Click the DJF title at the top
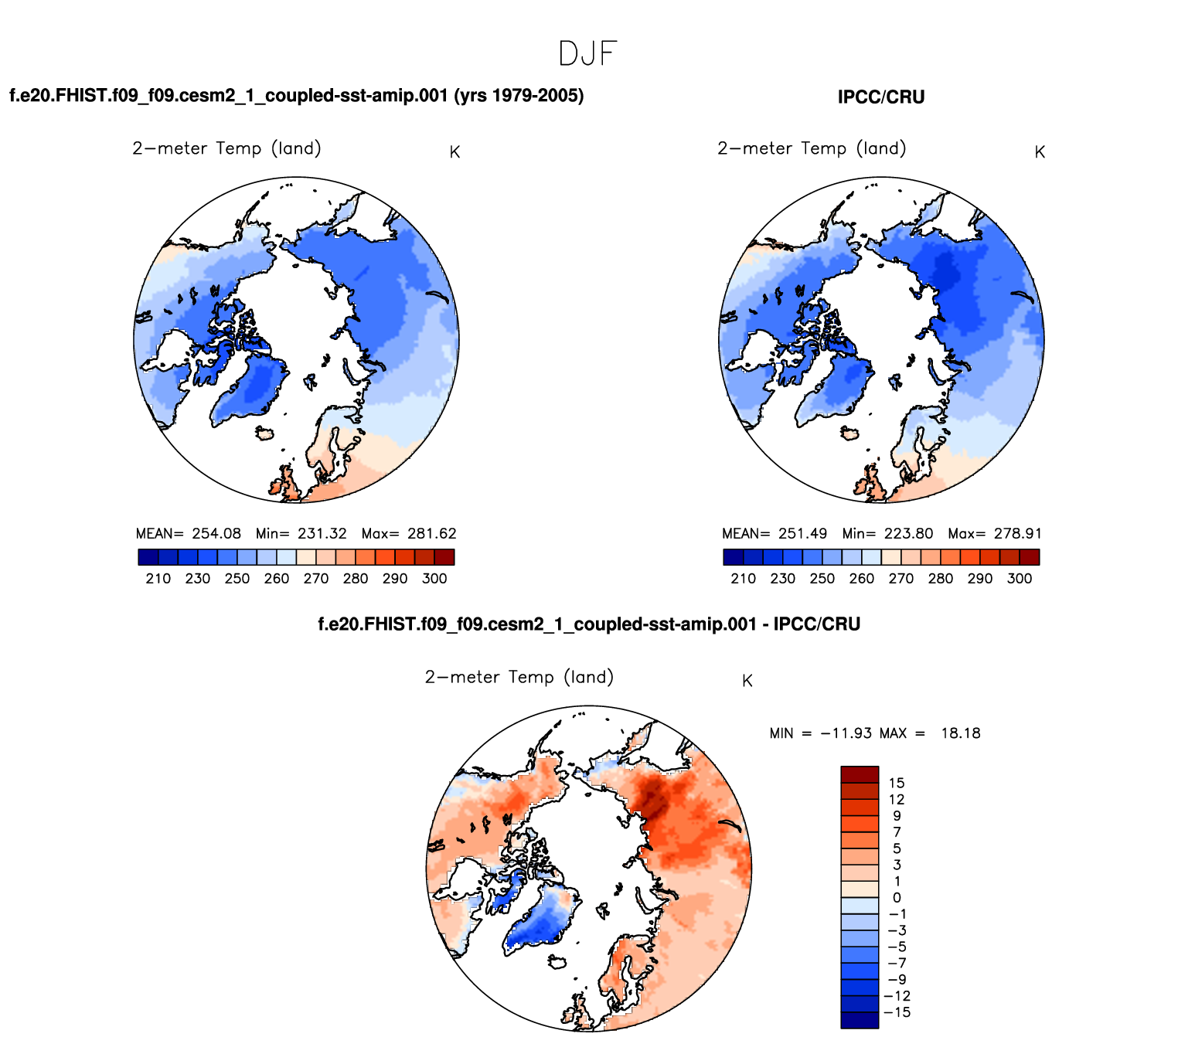pos(587,54)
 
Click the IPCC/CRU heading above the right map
pos(881,97)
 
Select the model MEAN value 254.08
pos(216,534)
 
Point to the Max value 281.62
pos(431,534)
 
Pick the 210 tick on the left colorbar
pos(158,579)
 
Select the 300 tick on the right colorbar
pos(1020,579)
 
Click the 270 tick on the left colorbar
pos(316,579)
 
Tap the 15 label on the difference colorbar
pos(897,784)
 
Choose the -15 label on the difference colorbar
pos(899,1013)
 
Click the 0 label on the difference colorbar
pos(897,898)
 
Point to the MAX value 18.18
pos(960,733)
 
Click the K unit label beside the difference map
pos(747,681)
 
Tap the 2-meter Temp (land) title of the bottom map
pos(519,678)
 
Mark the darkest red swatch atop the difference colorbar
pos(860,774)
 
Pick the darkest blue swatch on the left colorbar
pos(148,557)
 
